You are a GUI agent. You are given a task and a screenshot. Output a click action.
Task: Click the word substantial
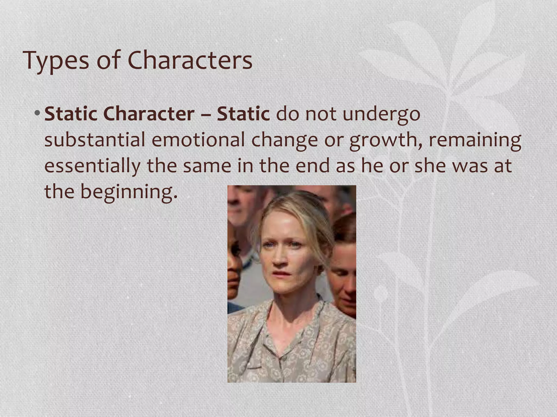94,140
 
